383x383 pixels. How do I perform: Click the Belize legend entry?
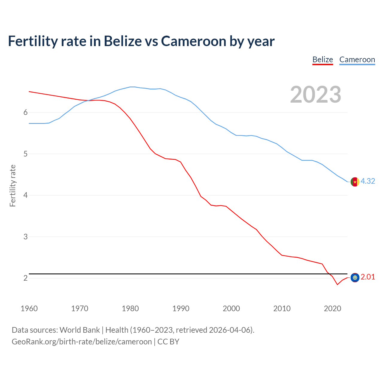click(323, 60)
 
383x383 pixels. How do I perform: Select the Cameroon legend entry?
click(357, 60)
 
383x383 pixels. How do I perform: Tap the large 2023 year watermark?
click(316, 95)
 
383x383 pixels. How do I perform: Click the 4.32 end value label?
click(368, 181)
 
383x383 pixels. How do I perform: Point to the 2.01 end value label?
click(368, 277)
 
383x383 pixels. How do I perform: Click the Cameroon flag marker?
click(355, 182)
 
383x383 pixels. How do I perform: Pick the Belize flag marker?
click(355, 278)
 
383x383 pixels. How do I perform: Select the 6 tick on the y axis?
click(25, 112)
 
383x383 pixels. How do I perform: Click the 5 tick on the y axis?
click(25, 154)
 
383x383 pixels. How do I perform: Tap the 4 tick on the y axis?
click(25, 195)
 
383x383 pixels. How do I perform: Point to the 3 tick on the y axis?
click(25, 237)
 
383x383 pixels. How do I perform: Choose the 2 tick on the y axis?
click(25, 278)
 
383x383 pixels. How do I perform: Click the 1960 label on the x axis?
click(29, 308)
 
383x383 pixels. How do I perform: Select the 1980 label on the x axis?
click(130, 308)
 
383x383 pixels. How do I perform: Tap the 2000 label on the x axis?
click(231, 308)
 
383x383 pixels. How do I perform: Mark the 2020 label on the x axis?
click(332, 308)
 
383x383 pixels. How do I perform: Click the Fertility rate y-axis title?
click(13, 186)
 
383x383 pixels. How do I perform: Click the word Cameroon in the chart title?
click(194, 41)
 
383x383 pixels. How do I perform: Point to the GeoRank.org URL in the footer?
click(82, 342)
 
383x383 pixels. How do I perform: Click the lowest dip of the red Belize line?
click(338, 285)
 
